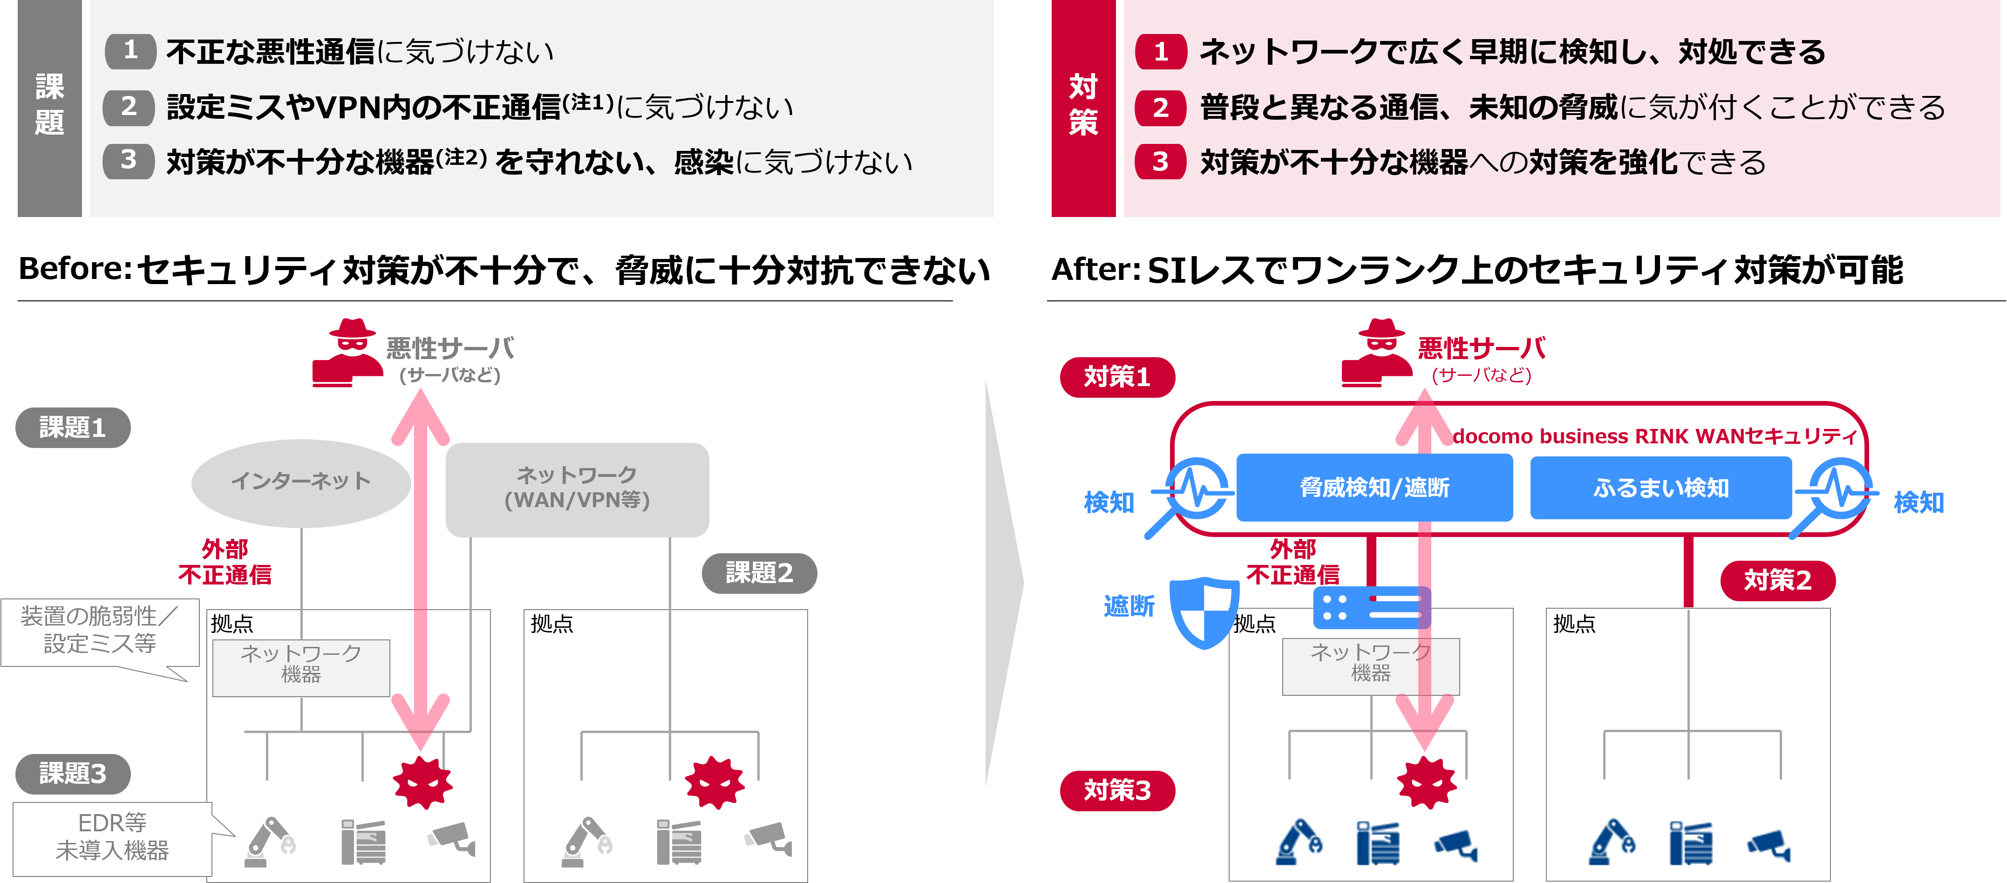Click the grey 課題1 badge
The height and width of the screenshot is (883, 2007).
point(73,427)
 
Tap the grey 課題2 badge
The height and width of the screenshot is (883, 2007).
point(759,573)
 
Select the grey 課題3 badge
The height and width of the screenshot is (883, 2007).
point(73,773)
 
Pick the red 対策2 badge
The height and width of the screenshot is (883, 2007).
point(1777,580)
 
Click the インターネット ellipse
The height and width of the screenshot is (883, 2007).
point(301,482)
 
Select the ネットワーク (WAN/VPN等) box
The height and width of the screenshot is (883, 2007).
point(577,489)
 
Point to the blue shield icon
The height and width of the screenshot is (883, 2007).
point(1203,612)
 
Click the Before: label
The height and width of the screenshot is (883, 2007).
point(75,270)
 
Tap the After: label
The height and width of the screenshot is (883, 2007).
point(1096,271)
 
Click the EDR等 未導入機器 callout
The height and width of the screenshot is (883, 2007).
point(112,837)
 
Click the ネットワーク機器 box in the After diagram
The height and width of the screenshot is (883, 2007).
point(1370,665)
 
